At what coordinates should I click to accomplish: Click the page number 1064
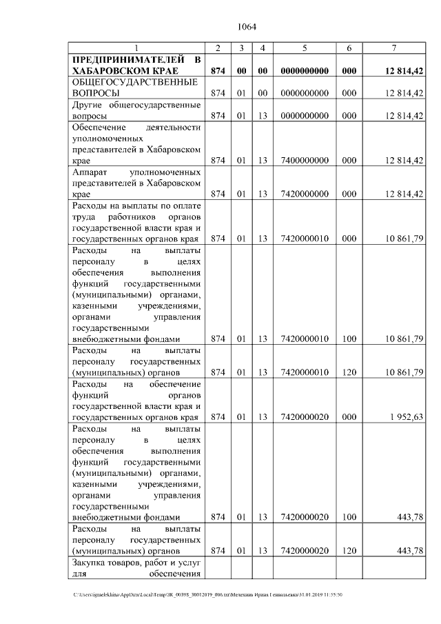tap(246, 27)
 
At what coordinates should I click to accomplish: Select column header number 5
tap(304, 48)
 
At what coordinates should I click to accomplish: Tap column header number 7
tap(393, 48)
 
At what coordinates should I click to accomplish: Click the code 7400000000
tap(304, 160)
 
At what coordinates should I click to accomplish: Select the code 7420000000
tap(304, 194)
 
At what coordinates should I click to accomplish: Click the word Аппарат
tap(88, 171)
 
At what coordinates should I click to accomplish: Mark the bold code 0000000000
tap(304, 71)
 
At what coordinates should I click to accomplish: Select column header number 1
tap(136, 48)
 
